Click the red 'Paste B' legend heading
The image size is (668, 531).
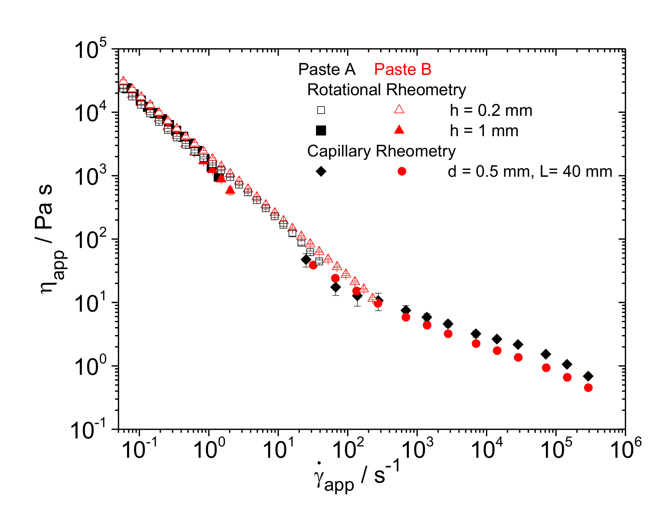coord(403,69)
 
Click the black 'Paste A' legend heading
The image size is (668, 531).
coord(327,69)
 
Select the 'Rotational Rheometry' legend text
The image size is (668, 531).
coord(387,90)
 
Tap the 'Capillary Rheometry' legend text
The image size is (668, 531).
coord(381,151)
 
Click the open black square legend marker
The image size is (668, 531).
coord(321,110)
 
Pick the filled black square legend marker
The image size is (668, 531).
coord(321,130)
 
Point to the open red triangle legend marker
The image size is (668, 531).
coord(399,109)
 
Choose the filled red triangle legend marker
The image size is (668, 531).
coord(399,130)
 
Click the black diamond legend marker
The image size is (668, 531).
coord(321,171)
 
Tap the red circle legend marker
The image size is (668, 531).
coord(402,171)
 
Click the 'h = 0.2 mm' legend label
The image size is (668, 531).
coord(491,111)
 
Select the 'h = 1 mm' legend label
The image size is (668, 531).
coord(484,131)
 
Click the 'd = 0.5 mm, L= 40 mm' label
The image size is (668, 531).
coord(530,172)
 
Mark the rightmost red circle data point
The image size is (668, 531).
coord(588,388)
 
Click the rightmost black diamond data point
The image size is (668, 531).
coord(588,376)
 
